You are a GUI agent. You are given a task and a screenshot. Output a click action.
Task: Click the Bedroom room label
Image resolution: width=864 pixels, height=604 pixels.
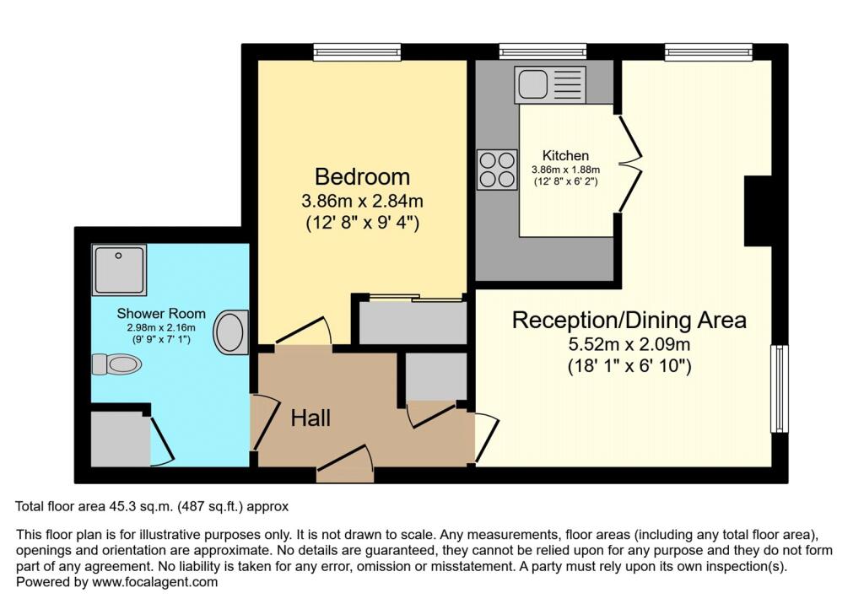tap(362, 177)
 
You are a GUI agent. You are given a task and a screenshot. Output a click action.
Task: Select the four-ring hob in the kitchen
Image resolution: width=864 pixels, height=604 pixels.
tap(497, 169)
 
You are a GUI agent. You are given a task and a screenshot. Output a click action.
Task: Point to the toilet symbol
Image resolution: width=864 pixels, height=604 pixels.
tap(116, 364)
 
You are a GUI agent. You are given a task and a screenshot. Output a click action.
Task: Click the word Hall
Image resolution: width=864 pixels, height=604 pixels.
tap(310, 418)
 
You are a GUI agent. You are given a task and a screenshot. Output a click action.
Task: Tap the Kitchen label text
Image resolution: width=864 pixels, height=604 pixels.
tap(565, 155)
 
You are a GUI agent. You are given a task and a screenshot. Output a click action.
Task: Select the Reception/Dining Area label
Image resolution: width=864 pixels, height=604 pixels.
tap(629, 321)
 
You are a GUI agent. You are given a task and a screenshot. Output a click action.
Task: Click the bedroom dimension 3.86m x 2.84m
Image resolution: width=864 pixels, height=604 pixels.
tap(362, 202)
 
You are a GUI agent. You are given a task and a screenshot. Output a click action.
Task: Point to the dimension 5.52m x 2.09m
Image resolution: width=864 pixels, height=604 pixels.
tap(629, 345)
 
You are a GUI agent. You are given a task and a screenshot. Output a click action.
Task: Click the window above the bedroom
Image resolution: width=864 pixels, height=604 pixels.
tap(354, 52)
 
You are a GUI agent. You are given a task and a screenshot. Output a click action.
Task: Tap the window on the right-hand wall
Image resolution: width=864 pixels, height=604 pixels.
tap(779, 389)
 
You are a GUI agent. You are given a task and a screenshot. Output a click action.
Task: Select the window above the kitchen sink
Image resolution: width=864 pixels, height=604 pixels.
tap(542, 52)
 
